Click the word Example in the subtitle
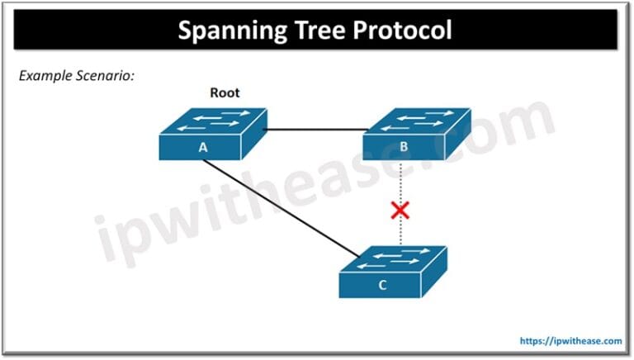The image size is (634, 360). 48,76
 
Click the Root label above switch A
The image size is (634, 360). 224,92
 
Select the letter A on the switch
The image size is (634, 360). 201,148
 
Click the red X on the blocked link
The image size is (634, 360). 400,211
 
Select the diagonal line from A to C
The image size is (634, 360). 281,207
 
